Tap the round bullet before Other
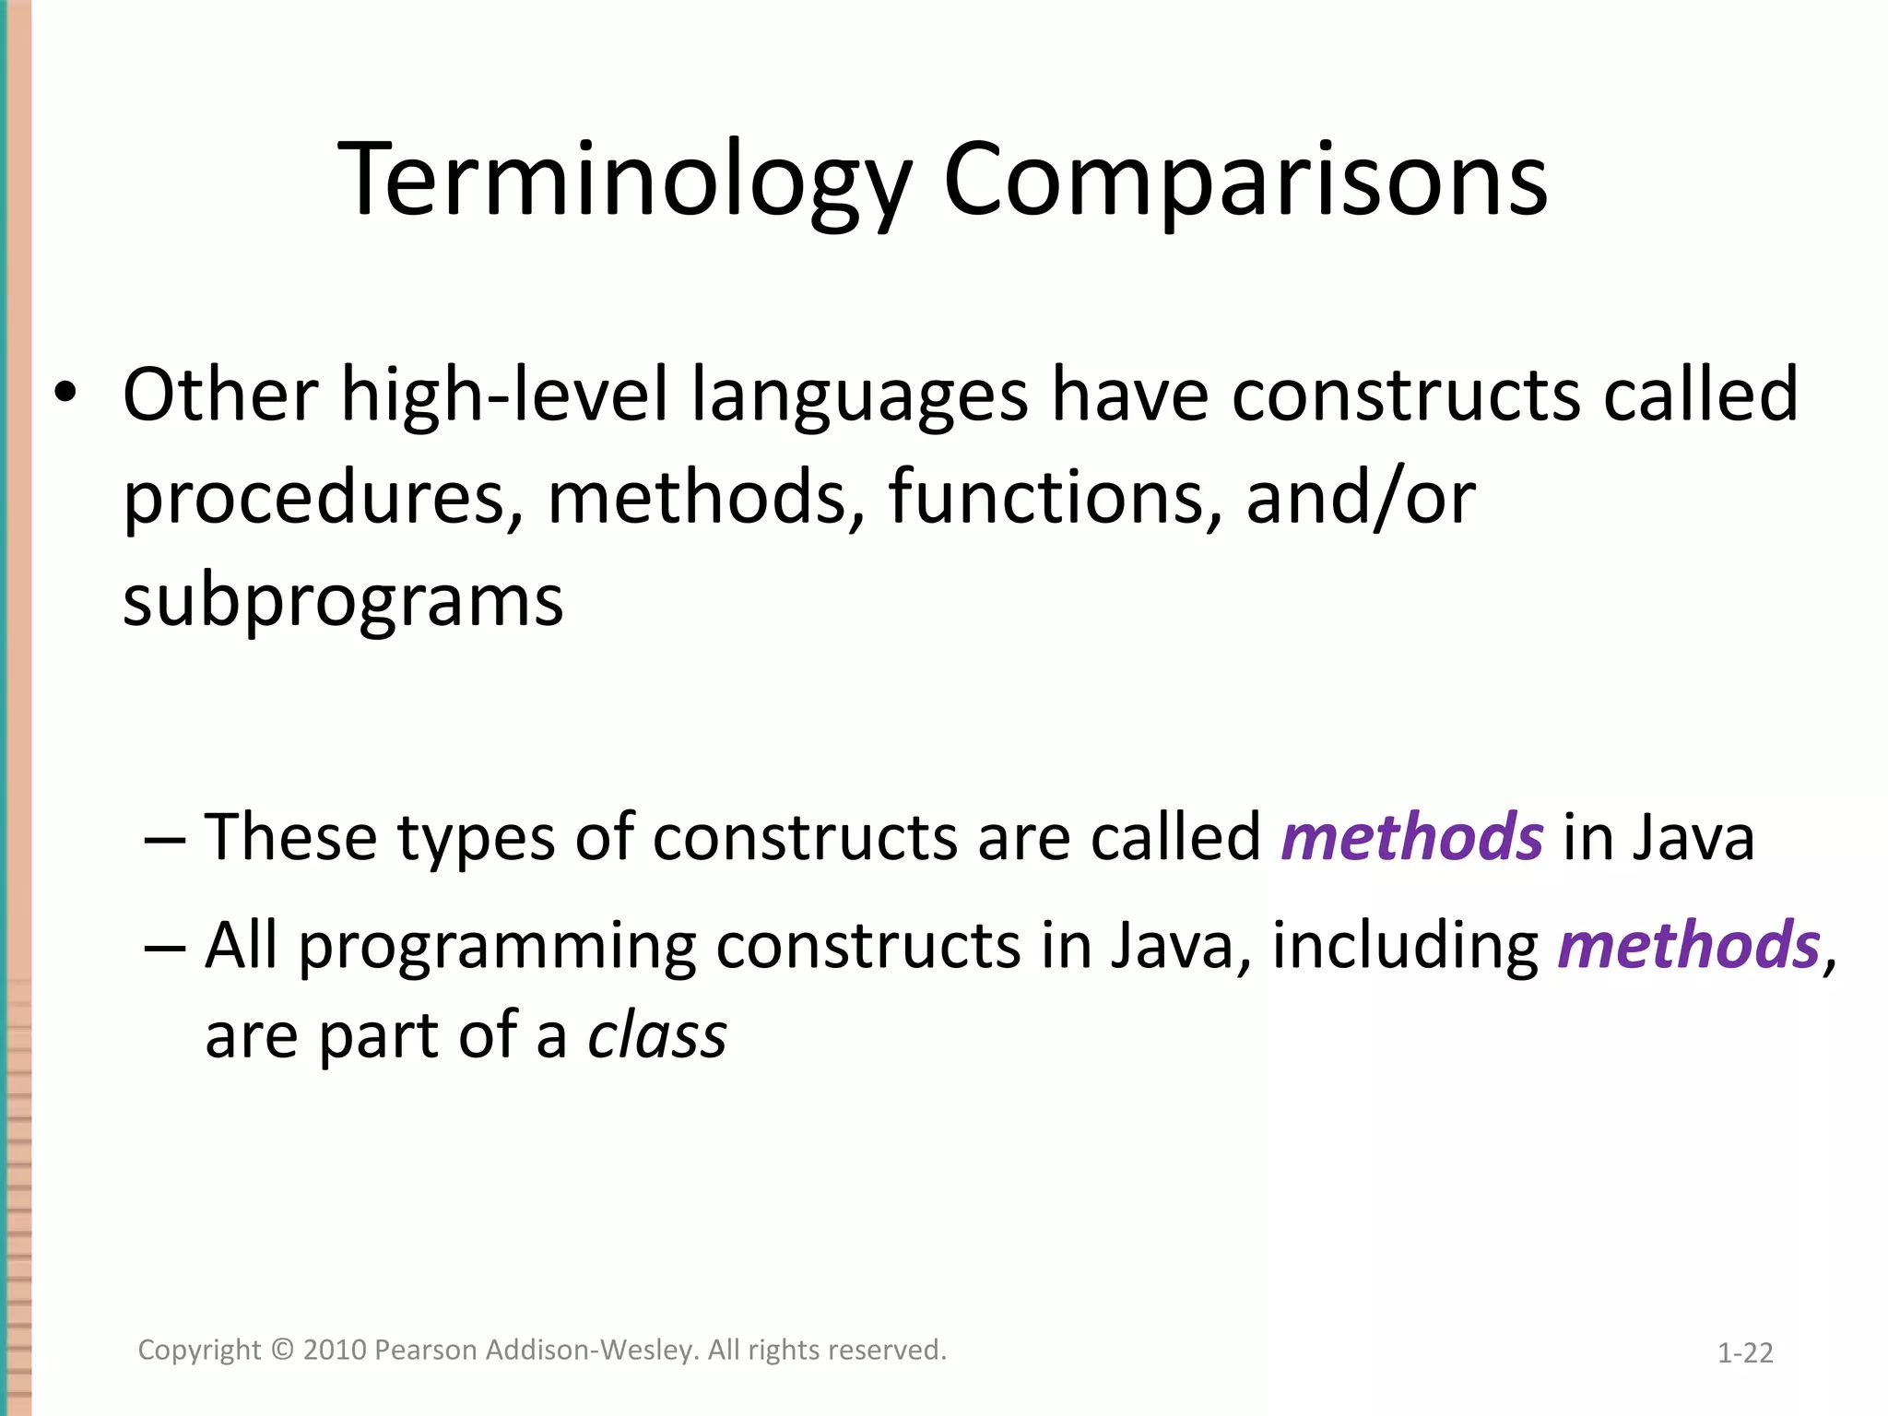point(65,394)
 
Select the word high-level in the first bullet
point(504,395)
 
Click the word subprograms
point(343,601)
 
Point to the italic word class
point(657,1035)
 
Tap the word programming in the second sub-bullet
point(497,948)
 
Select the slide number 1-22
point(1745,1353)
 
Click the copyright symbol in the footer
point(282,1350)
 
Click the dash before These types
point(166,839)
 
